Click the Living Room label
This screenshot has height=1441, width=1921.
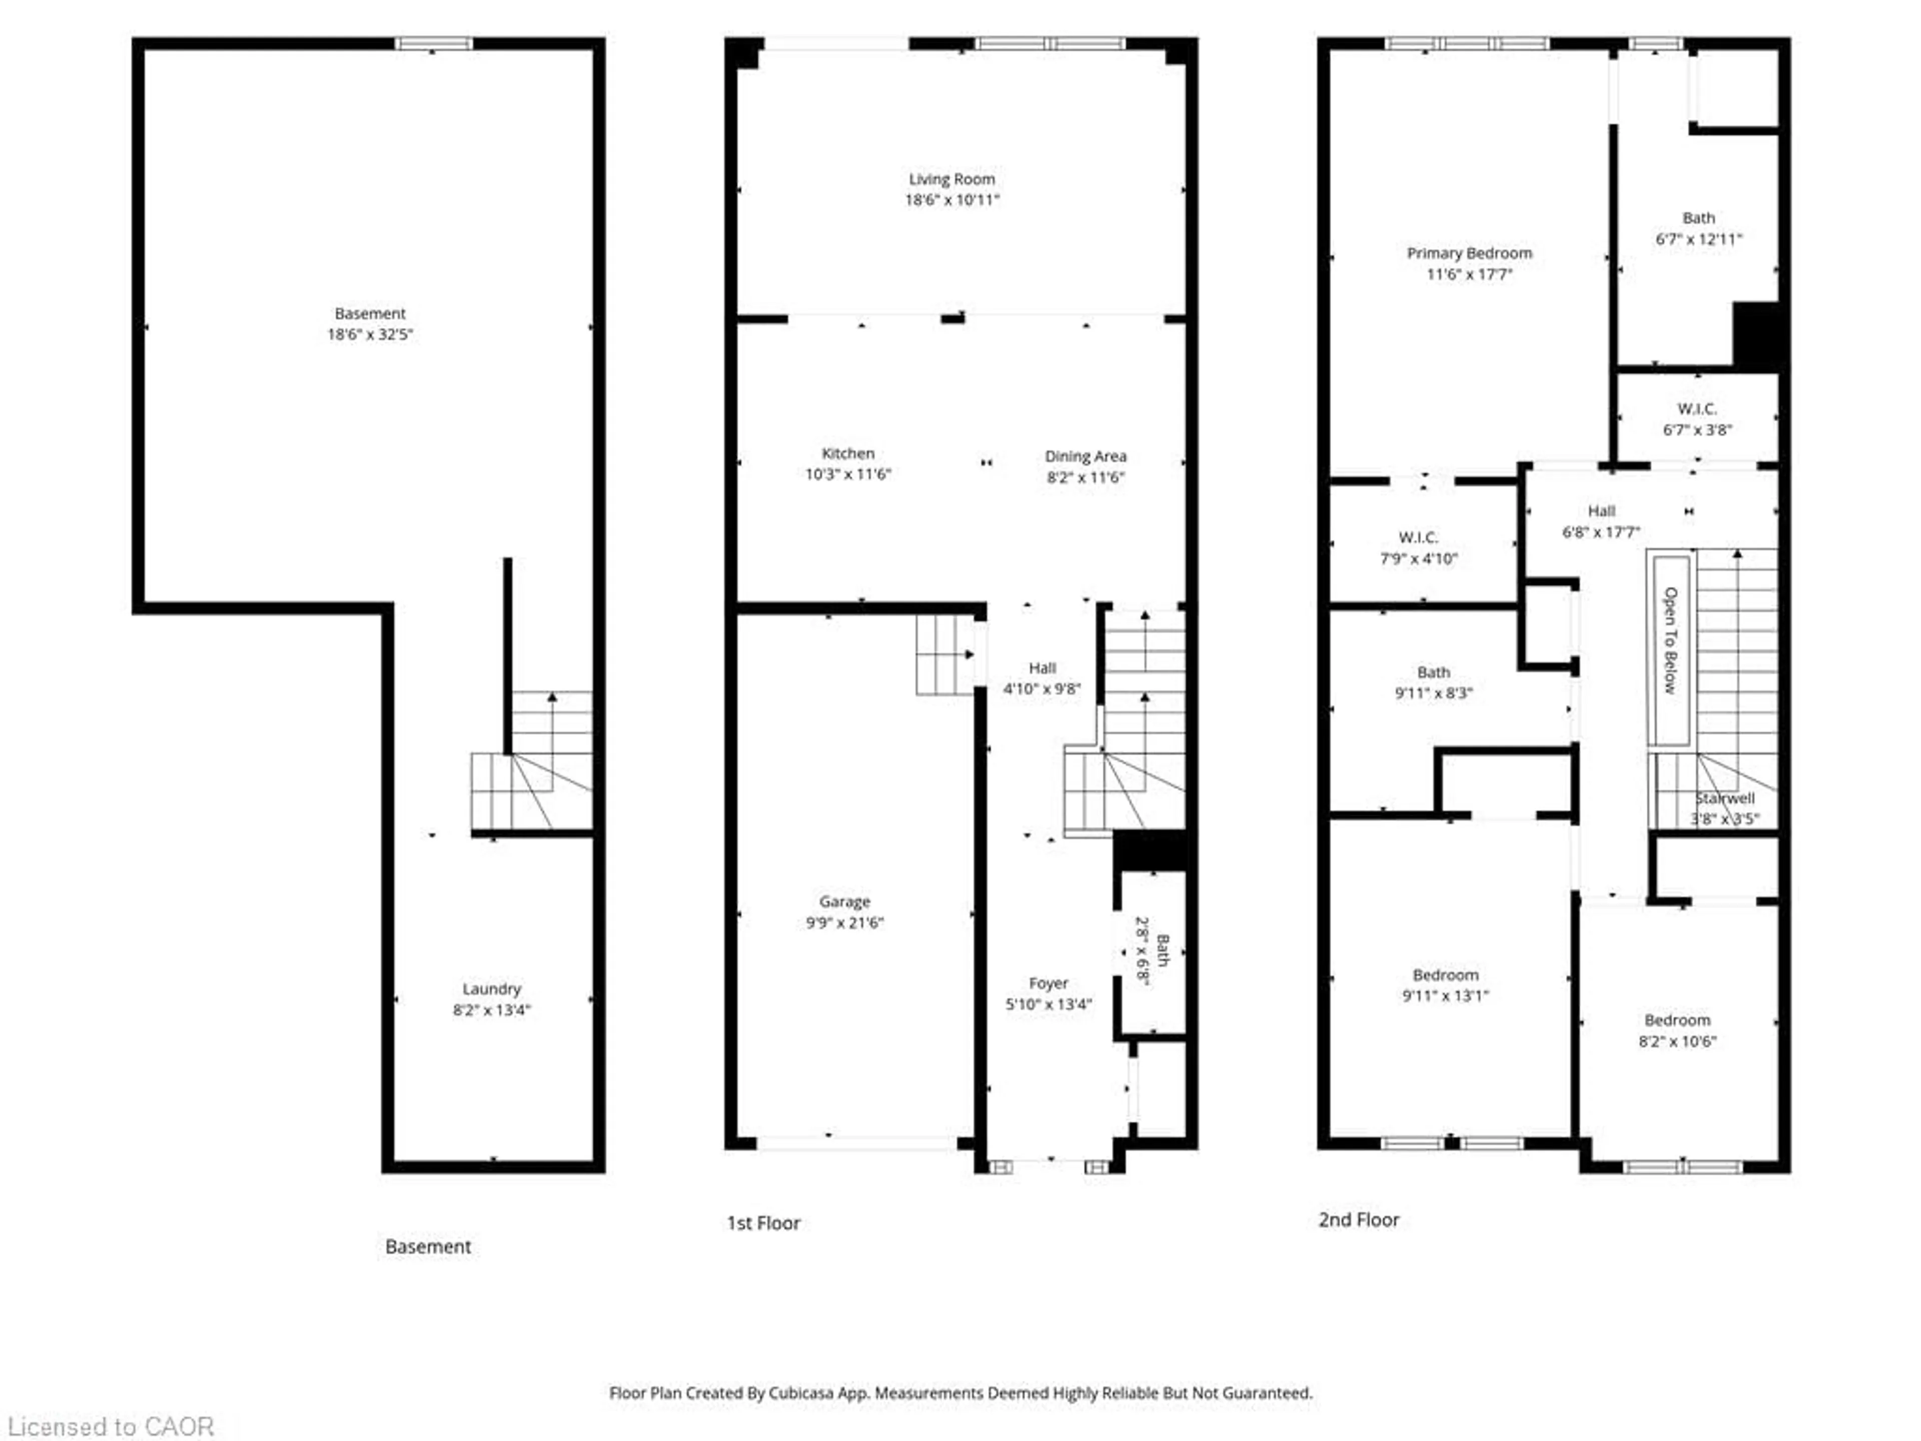click(x=952, y=179)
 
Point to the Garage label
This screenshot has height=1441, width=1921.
click(x=844, y=902)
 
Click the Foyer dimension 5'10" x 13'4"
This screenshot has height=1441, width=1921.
click(x=1048, y=1004)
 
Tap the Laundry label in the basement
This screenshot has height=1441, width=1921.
click(x=492, y=989)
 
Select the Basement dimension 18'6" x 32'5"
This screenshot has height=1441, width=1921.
click(x=370, y=334)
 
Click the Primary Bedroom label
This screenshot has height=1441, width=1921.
click(x=1469, y=253)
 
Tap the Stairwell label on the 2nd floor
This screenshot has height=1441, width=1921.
click(x=1725, y=798)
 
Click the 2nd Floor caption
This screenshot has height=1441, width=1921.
click(x=1358, y=1219)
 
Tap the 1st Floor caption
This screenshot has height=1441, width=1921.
click(x=763, y=1223)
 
